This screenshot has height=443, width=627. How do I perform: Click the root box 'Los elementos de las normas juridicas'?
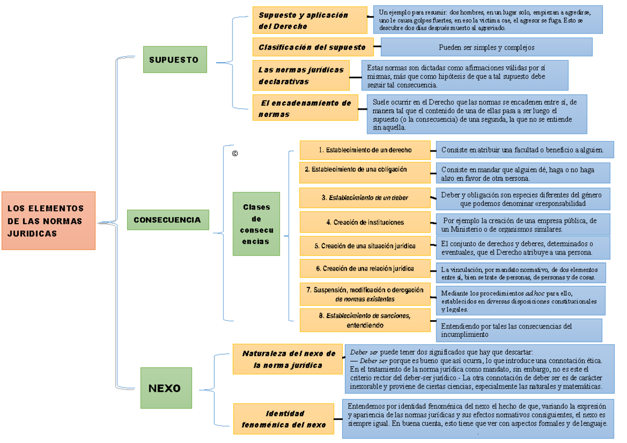(48, 220)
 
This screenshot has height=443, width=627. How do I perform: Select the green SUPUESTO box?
(175, 60)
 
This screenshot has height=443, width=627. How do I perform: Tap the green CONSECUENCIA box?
(168, 220)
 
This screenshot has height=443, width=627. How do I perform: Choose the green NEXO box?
(166, 388)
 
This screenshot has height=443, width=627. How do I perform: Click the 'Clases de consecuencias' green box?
(256, 224)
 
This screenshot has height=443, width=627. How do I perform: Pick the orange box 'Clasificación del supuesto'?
(312, 47)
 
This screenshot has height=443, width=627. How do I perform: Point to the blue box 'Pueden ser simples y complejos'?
(486, 47)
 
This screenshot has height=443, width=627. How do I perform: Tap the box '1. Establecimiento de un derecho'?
(365, 150)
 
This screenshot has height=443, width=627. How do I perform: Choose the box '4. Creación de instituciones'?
(365, 222)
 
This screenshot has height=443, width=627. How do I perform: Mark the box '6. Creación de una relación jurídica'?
(365, 269)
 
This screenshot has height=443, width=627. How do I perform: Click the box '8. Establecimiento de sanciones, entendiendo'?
(365, 320)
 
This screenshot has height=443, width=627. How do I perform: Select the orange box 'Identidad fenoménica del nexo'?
(284, 419)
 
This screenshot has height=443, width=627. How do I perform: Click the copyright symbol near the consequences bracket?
(235, 154)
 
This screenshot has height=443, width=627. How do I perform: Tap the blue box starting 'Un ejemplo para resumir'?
(488, 19)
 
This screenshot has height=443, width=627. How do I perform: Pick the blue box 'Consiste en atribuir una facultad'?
(522, 150)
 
